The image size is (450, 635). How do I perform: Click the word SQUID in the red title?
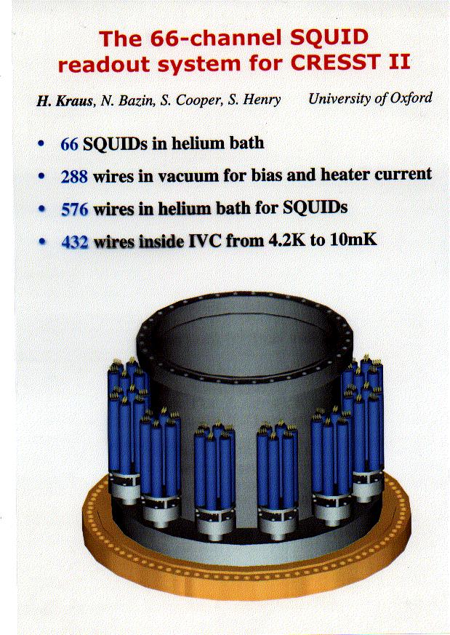(329, 38)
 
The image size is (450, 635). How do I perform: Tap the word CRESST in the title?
(334, 63)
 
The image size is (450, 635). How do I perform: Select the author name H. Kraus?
(65, 100)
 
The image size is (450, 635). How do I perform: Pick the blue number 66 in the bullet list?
(69, 144)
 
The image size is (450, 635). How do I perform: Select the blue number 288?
(74, 177)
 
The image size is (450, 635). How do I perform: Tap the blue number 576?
(74, 209)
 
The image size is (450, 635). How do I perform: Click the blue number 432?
(75, 241)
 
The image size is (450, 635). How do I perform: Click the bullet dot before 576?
(41, 209)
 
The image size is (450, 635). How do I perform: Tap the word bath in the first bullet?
(247, 143)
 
